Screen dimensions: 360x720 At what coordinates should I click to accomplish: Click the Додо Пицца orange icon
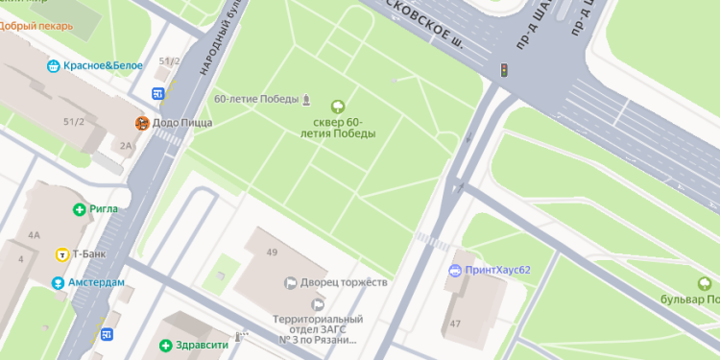[142, 123]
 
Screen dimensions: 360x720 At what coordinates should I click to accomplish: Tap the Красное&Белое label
[103, 65]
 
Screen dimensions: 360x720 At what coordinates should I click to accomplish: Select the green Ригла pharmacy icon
[80, 209]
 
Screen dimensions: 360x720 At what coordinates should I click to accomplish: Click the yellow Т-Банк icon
[62, 254]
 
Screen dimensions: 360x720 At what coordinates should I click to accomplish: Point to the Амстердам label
[94, 282]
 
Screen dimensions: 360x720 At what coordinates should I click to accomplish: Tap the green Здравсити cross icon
[165, 345]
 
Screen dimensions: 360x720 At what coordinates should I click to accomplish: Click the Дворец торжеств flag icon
[289, 282]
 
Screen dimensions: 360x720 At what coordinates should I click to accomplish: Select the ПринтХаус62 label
[497, 270]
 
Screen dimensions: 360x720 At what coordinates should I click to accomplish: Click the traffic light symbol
[503, 70]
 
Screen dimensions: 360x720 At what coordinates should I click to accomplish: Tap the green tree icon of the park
[337, 106]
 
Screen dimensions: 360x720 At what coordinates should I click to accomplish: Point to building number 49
[272, 252]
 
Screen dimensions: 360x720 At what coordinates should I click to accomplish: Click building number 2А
[126, 146]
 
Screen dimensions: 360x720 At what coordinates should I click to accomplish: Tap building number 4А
[35, 234]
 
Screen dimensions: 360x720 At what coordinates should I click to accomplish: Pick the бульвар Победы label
[689, 300]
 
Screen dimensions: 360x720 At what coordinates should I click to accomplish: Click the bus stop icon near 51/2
[158, 94]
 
